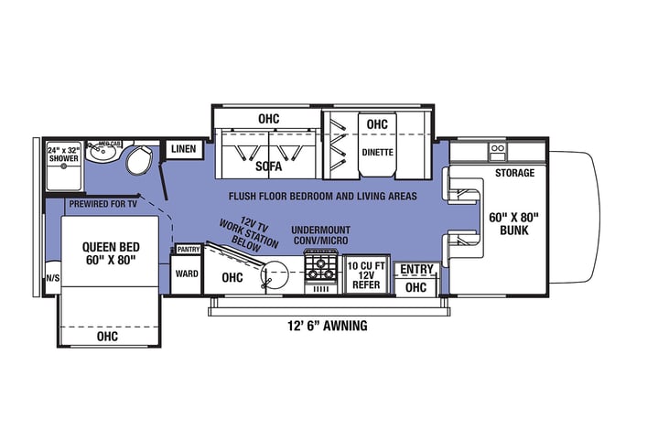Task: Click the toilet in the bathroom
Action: tap(139, 160)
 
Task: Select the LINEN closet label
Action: tap(183, 149)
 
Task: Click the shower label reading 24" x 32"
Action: tap(63, 150)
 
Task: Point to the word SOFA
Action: tap(269, 166)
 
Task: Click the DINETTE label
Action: tap(378, 152)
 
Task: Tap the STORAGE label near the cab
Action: tap(514, 173)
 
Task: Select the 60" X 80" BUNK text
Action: tap(513, 224)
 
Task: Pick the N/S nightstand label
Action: tap(53, 278)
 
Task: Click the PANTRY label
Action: tap(189, 249)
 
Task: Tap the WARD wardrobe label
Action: tap(187, 273)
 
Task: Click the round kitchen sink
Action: tap(275, 274)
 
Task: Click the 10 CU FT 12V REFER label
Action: tap(366, 275)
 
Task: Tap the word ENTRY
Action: tap(416, 269)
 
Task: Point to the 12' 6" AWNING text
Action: tap(328, 326)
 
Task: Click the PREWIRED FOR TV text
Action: tap(103, 204)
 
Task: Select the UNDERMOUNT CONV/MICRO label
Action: tap(320, 235)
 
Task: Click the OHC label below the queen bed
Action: tap(107, 337)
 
